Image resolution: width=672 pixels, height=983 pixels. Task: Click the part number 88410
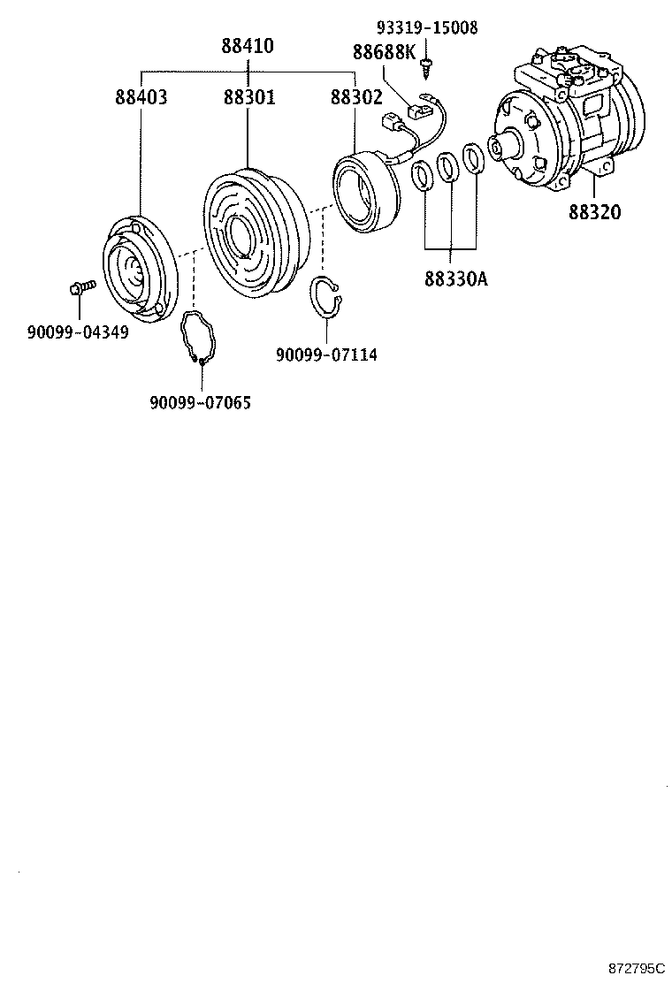[247, 47]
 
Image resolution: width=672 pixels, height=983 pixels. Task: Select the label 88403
[141, 97]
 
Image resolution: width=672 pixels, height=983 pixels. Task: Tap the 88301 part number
[248, 97]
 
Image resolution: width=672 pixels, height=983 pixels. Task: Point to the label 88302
[356, 97]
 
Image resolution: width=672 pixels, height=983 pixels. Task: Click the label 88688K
[384, 52]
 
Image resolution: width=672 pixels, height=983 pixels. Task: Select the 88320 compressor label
[594, 212]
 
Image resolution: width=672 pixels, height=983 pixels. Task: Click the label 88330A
[456, 279]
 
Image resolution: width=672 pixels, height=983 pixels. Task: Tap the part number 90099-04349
[77, 332]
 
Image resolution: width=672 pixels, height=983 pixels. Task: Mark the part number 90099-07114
[326, 354]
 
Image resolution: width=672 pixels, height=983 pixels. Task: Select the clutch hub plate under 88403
[137, 271]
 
